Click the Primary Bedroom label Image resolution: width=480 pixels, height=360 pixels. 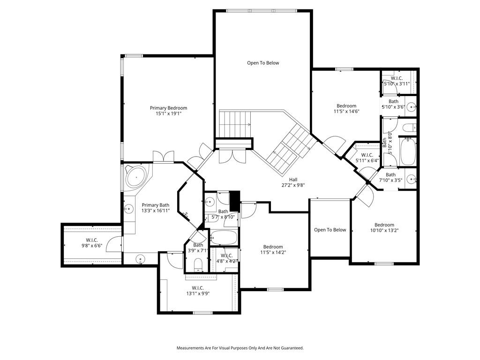point(168,108)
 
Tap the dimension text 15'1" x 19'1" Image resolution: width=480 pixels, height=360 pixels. point(168,113)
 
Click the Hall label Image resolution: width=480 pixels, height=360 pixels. point(293,180)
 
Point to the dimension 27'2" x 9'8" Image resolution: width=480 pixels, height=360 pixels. point(293,185)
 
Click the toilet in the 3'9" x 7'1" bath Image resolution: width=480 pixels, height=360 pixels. point(198,265)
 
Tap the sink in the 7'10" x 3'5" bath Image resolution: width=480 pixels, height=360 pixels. point(412,179)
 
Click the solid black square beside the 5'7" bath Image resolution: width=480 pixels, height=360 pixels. point(234,201)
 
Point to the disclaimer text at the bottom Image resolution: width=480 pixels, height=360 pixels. point(240,348)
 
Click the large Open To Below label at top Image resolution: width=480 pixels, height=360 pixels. point(263,63)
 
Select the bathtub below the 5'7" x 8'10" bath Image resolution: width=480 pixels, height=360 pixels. point(224,238)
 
